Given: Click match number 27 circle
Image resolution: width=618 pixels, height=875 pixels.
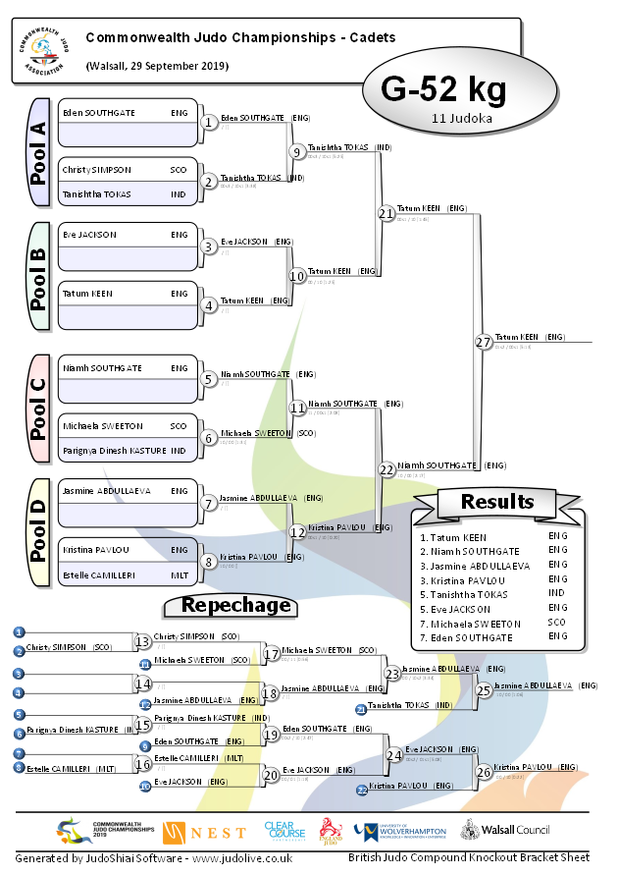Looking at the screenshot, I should (483, 342).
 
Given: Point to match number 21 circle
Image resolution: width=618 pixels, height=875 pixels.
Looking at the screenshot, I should (386, 213).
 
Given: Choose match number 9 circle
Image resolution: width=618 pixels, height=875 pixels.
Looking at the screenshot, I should (296, 151).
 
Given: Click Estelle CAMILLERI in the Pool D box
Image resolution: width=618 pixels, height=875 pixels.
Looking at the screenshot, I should (99, 574).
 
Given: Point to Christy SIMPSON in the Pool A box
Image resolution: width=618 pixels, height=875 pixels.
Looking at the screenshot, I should (96, 170).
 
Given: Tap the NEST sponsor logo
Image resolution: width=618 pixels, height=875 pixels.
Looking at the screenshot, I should (204, 833).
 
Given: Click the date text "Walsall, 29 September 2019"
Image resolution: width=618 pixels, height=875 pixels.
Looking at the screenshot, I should (157, 66).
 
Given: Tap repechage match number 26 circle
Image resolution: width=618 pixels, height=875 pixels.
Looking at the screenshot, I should (483, 771).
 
